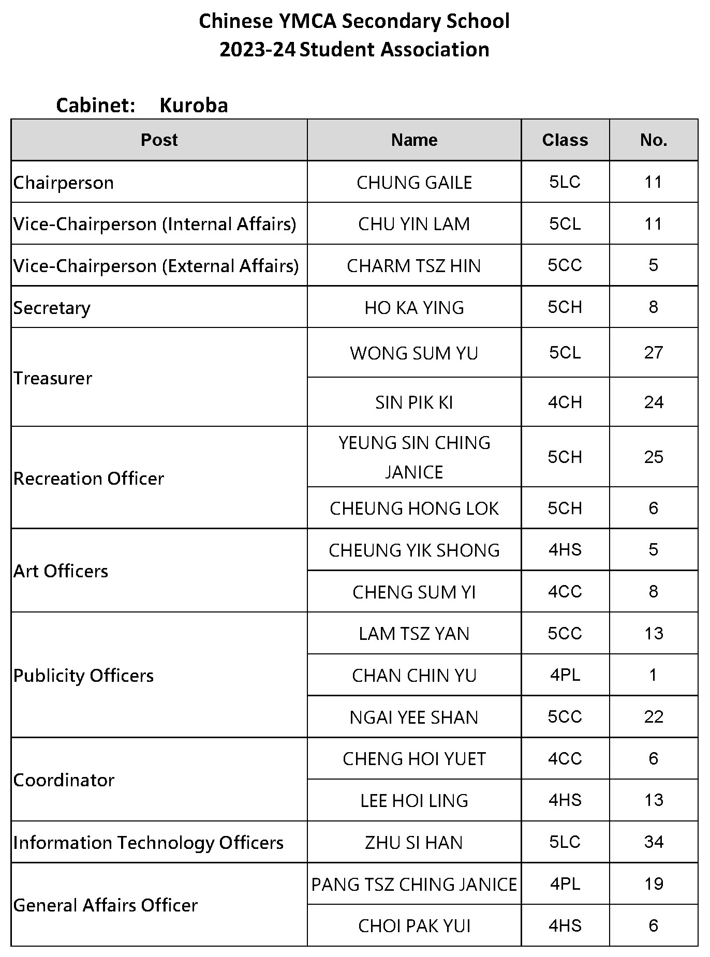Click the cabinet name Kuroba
[x=194, y=106]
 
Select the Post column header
[x=159, y=140]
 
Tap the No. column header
[x=653, y=140]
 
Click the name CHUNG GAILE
[x=414, y=183]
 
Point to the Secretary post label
[x=52, y=308]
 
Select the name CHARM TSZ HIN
[x=413, y=266]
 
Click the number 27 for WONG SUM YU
[x=653, y=353]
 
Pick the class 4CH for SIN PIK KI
[x=565, y=402]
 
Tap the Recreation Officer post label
[x=88, y=479]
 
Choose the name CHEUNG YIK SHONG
[x=414, y=550]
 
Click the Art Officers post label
[x=61, y=571]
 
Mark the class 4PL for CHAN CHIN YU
[x=565, y=675]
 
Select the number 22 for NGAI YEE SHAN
[x=653, y=717]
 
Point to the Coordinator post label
[x=64, y=780]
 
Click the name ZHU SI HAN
[x=413, y=843]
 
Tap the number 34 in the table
[x=653, y=842]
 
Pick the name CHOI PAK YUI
[x=414, y=926]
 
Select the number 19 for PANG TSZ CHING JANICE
[x=653, y=884]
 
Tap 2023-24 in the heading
[x=257, y=50]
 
